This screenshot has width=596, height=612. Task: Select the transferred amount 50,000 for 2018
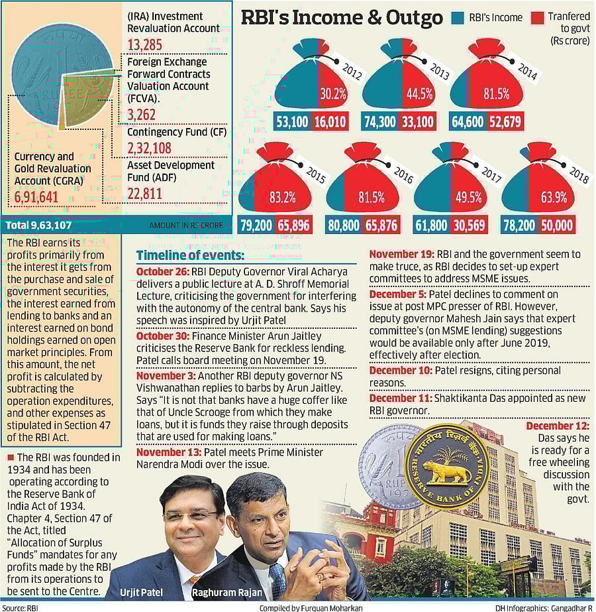click(x=556, y=225)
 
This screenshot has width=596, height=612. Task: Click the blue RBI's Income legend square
click(x=458, y=18)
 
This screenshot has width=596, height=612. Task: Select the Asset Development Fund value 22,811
click(x=144, y=194)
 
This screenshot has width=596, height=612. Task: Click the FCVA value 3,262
click(x=141, y=114)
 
